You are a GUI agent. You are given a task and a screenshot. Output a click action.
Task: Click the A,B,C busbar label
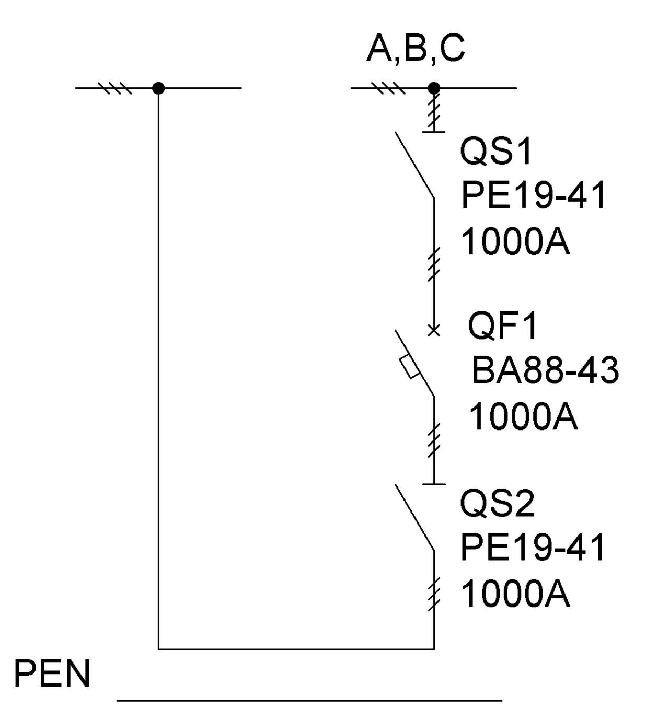pyautogui.click(x=416, y=49)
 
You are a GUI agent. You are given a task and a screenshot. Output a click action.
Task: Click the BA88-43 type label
pyautogui.click(x=545, y=370)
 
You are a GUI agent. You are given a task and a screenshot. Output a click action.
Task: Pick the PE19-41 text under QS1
pyautogui.click(x=533, y=195)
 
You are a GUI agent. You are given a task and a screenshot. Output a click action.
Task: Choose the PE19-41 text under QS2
pyautogui.click(x=533, y=548)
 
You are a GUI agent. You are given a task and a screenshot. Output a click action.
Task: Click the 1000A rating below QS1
pyautogui.click(x=515, y=242)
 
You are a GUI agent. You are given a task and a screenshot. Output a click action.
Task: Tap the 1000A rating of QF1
pyautogui.click(x=523, y=417)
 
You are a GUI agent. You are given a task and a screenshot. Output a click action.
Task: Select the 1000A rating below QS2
pyautogui.click(x=515, y=595)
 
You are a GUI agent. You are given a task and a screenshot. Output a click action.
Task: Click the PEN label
pyautogui.click(x=52, y=674)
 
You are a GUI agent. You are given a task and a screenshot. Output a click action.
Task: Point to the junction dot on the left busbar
pyautogui.click(x=158, y=88)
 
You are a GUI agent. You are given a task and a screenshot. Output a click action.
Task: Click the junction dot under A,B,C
pyautogui.click(x=434, y=88)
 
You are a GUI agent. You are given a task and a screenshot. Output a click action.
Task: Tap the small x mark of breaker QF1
pyautogui.click(x=434, y=330)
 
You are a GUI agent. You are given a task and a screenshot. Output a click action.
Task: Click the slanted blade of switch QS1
pyautogui.click(x=414, y=165)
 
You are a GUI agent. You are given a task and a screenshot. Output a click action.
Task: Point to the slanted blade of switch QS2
pyautogui.click(x=414, y=517)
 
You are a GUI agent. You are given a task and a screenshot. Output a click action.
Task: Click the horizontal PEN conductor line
pyautogui.click(x=308, y=700)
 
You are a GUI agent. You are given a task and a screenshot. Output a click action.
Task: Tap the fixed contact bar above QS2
pyautogui.click(x=434, y=484)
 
